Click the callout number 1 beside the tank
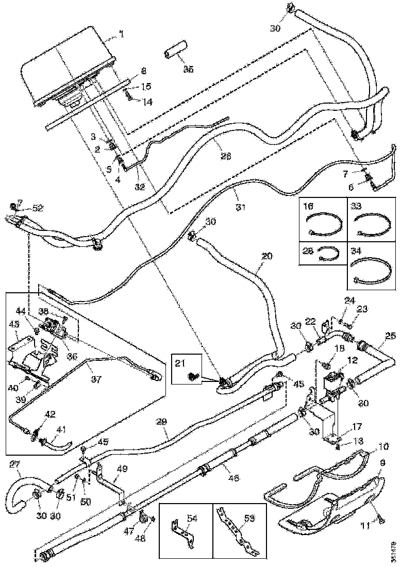[x=122, y=35]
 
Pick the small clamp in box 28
[x=329, y=254]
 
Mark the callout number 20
[x=266, y=256]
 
